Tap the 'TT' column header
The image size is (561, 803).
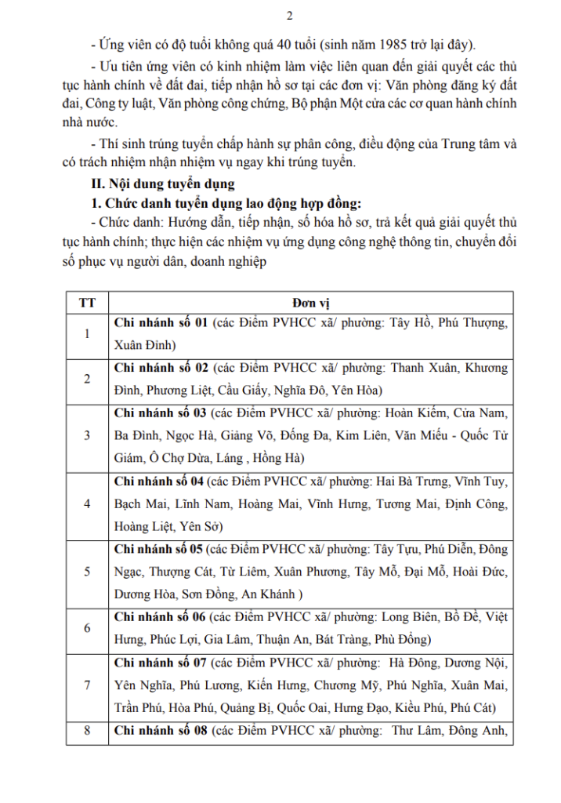point(87,302)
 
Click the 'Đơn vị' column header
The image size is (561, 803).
point(310,302)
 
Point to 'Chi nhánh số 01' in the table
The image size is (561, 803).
point(160,322)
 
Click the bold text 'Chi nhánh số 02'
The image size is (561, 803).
point(160,368)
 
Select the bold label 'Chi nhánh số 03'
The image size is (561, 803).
point(160,413)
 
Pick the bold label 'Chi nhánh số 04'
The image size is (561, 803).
point(160,481)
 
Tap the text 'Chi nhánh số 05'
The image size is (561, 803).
point(160,549)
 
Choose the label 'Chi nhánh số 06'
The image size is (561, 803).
point(160,617)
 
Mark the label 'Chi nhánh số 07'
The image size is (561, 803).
point(160,663)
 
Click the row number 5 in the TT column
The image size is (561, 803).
point(87,572)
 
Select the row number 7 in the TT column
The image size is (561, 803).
point(87,685)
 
